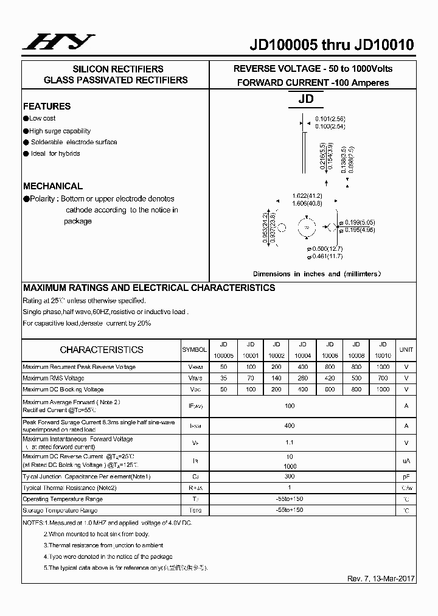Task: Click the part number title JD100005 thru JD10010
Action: pyautogui.click(x=332, y=45)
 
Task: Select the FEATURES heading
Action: pyautogui.click(x=47, y=106)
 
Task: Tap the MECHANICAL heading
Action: pyautogui.click(x=53, y=186)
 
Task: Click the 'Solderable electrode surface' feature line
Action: pyautogui.click(x=71, y=142)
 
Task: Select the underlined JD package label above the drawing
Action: pyautogui.click(x=305, y=99)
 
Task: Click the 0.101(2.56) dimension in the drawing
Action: pyautogui.click(x=330, y=119)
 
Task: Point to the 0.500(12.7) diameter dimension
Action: pyautogui.click(x=325, y=249)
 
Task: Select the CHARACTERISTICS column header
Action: pyautogui.click(x=102, y=350)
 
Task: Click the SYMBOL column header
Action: pyautogui.click(x=195, y=350)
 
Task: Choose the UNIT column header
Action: pyautogui.click(x=406, y=350)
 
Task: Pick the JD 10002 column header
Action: pyautogui.click(x=276, y=350)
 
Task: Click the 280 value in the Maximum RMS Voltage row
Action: pyautogui.click(x=303, y=379)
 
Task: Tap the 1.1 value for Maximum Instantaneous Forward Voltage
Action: pyautogui.click(x=290, y=443)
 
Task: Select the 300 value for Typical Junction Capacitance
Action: pyautogui.click(x=290, y=477)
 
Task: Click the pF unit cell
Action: pyautogui.click(x=406, y=477)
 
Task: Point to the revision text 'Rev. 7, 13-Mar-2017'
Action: pyautogui.click(x=381, y=578)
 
